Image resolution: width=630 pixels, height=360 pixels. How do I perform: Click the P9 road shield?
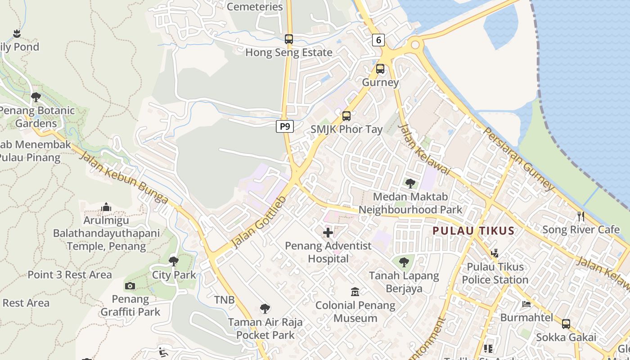click(284, 126)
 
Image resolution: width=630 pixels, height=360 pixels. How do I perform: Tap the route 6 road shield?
click(378, 40)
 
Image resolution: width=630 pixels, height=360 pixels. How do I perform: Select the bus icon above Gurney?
click(380, 69)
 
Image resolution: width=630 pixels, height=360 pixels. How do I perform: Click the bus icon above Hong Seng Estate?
click(289, 39)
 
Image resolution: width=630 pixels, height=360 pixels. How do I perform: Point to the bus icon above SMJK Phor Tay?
click(346, 116)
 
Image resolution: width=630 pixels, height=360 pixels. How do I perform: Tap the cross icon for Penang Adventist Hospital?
click(328, 233)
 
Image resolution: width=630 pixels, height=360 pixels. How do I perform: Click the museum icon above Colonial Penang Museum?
click(355, 292)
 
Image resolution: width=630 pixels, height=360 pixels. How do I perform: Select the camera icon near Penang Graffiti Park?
click(130, 286)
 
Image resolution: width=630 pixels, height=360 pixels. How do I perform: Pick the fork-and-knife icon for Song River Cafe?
click(581, 216)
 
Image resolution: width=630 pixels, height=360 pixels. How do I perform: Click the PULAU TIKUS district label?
click(473, 231)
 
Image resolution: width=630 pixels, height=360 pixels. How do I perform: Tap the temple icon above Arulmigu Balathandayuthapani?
click(106, 207)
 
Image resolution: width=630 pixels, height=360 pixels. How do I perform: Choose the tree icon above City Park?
click(174, 261)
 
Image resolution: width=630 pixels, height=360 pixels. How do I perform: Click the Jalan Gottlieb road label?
click(259, 222)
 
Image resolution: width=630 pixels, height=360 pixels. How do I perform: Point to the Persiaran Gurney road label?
click(518, 158)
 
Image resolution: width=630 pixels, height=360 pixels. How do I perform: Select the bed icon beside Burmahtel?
click(526, 304)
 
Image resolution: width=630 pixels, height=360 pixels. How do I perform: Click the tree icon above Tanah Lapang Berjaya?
click(404, 261)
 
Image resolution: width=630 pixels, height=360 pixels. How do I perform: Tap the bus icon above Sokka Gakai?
click(566, 324)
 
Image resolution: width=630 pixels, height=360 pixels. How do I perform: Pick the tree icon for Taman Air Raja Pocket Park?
click(265, 309)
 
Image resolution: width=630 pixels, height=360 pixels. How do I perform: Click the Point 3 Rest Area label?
click(70, 274)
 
